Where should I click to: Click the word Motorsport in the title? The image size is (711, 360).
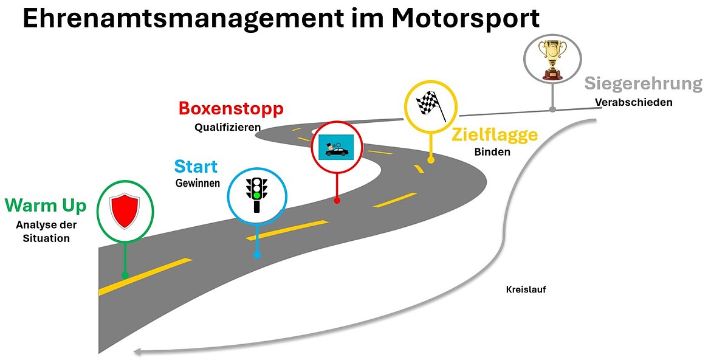tap(465, 18)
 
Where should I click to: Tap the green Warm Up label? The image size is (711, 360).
tap(46, 206)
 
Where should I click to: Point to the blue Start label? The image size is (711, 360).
tap(196, 167)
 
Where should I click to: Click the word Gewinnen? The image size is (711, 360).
tap(197, 183)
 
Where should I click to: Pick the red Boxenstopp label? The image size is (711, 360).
tap(231, 109)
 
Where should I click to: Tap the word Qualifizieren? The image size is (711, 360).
tap(228, 128)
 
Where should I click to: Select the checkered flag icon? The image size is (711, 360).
tap(431, 106)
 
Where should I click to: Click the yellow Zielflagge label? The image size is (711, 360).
tap(494, 134)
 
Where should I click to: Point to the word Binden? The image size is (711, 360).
tap(492, 152)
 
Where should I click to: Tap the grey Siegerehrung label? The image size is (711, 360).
tap(643, 84)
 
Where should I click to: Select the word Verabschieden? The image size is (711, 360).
tap(633, 102)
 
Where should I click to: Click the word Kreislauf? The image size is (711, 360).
tap(526, 290)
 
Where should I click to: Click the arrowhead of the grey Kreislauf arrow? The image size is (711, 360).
tap(138, 351)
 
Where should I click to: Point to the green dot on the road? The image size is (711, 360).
tap(125, 275)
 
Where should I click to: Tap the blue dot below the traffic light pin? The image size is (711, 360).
tap(256, 255)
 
